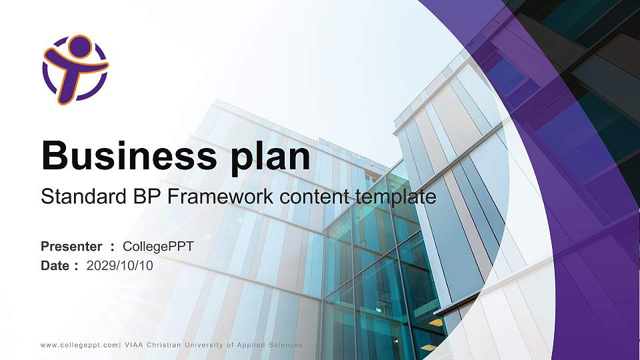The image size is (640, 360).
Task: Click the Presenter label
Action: (71, 247)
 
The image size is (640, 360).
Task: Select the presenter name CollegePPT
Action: (159, 247)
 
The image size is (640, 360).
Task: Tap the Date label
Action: (55, 265)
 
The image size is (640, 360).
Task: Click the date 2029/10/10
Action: (120, 265)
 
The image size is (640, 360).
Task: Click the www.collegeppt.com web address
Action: (79, 345)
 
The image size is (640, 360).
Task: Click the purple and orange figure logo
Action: (75, 69)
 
